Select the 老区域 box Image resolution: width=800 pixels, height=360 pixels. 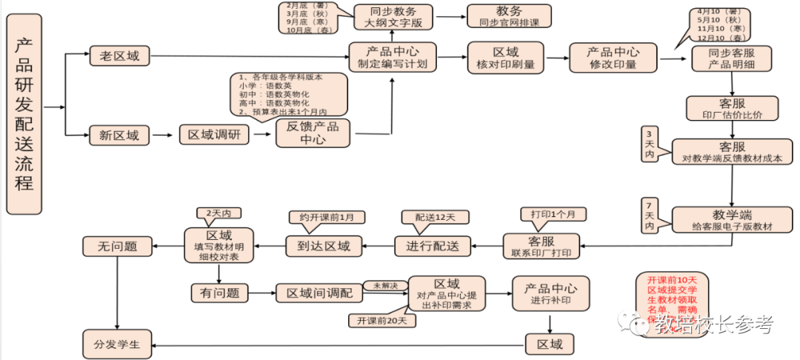pos(119,56)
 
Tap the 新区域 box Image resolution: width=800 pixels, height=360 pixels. pos(119,135)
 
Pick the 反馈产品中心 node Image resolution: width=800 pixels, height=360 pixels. pos(313,133)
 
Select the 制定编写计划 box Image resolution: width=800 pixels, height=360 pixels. pos(393,57)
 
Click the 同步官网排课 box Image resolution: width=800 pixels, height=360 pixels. pos(509,16)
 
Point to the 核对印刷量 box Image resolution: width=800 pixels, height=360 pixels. pos(506,58)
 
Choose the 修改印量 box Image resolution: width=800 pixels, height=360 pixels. pos(613,58)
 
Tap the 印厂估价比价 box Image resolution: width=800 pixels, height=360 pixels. pos(732,108)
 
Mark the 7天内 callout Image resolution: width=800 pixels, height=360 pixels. pos(650,214)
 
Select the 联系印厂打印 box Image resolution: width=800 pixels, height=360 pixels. pos(541,246)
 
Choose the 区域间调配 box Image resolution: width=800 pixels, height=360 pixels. pos(319,293)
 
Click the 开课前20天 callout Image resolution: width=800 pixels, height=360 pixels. pos(382,320)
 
